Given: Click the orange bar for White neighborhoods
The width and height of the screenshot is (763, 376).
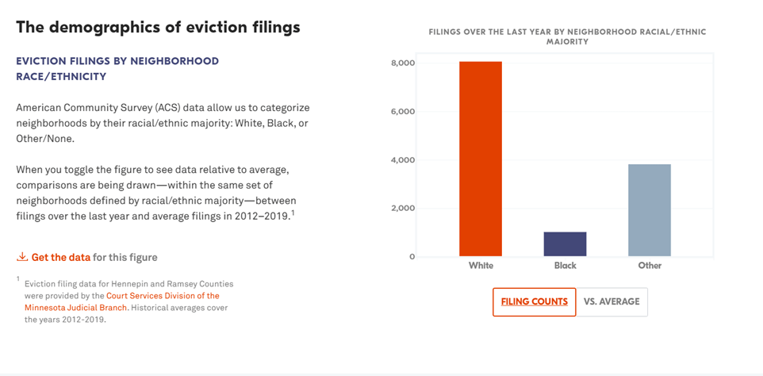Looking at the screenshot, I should pos(481,159).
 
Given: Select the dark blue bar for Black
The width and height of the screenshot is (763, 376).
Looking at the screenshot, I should pos(565,244).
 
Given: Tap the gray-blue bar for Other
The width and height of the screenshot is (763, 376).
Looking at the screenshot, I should pos(649,210).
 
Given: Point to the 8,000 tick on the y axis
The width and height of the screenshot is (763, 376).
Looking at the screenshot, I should pos(404,63).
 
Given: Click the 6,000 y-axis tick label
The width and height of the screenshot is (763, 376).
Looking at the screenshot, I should pos(404,112).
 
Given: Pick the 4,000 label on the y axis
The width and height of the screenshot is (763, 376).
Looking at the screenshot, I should pos(404,160).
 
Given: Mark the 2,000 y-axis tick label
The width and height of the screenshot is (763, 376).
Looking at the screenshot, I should pos(404,209).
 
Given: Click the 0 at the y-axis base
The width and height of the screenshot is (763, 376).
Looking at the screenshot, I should pos(412,257).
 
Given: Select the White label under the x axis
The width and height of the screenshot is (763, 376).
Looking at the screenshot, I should pos(481,266).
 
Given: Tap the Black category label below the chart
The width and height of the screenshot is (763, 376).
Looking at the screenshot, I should pos(565,266).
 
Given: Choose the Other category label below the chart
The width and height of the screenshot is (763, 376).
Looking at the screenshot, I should pos(649,266).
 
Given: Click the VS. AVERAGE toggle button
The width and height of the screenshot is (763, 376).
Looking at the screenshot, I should pos(612,302).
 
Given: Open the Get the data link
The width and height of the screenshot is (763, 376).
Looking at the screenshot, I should pos(61,258).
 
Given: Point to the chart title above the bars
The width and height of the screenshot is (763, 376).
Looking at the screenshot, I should pos(567,36).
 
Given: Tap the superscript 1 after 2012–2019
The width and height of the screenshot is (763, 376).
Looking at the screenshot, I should pos(293,213).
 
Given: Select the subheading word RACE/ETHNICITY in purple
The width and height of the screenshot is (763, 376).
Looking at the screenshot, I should pos(61,77).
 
